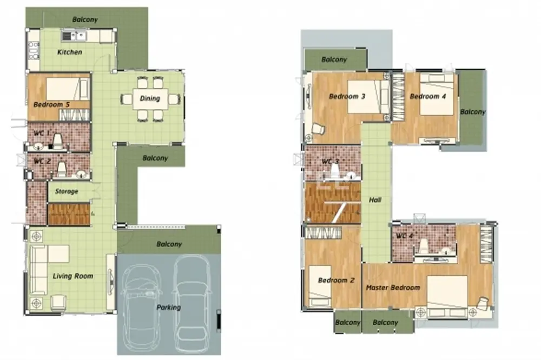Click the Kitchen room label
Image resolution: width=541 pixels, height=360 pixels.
[x=70, y=52]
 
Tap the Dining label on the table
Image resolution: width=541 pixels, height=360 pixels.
[x=150, y=98]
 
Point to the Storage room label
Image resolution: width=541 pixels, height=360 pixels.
[x=67, y=191]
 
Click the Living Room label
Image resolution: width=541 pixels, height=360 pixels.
[x=73, y=276]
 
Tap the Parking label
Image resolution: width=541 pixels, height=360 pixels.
[x=169, y=307]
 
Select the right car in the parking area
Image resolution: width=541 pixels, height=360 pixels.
[x=192, y=299]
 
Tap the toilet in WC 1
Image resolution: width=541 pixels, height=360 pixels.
[x=57, y=142]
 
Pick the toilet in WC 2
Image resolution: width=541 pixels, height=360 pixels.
[x=62, y=169]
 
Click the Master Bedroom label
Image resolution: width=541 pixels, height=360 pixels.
[x=393, y=287]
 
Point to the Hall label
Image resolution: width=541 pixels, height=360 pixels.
[x=375, y=199]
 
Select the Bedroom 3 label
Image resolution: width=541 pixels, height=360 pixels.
[x=347, y=97]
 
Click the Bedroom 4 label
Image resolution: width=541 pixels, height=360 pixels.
[x=428, y=97]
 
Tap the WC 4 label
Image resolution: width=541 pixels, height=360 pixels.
[x=404, y=236]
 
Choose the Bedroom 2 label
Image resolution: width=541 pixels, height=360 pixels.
[x=336, y=280]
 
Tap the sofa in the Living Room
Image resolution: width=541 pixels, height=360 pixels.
[x=39, y=270]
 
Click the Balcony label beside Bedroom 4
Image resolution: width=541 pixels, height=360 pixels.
[x=473, y=112]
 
